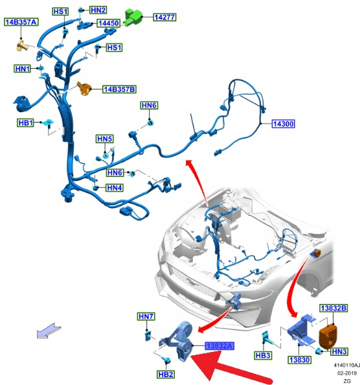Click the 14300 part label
point(283,124)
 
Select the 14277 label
point(164,17)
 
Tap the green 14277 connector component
point(133,17)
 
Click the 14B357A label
point(21,22)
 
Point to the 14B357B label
point(119,89)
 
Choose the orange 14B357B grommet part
point(84,89)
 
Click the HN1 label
point(22,69)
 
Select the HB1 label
point(25,122)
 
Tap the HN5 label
point(105,139)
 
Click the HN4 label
point(115,188)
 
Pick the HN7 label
point(146,316)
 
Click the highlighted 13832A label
point(219,345)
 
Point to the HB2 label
point(166,375)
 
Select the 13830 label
point(299,360)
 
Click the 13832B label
point(333,308)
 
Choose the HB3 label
point(263,356)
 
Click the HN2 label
point(98,10)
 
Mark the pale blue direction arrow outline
point(49,331)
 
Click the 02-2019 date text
point(347,373)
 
